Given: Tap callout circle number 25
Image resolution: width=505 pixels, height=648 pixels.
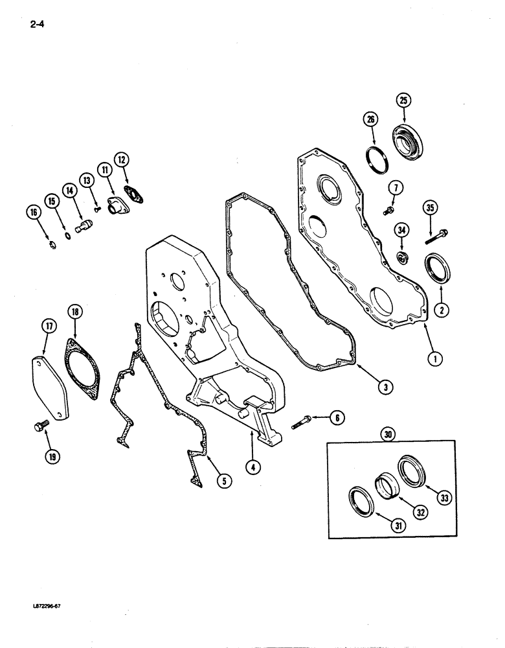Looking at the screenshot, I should coord(404,101).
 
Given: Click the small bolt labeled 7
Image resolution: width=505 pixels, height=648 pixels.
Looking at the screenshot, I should coord(390,211).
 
